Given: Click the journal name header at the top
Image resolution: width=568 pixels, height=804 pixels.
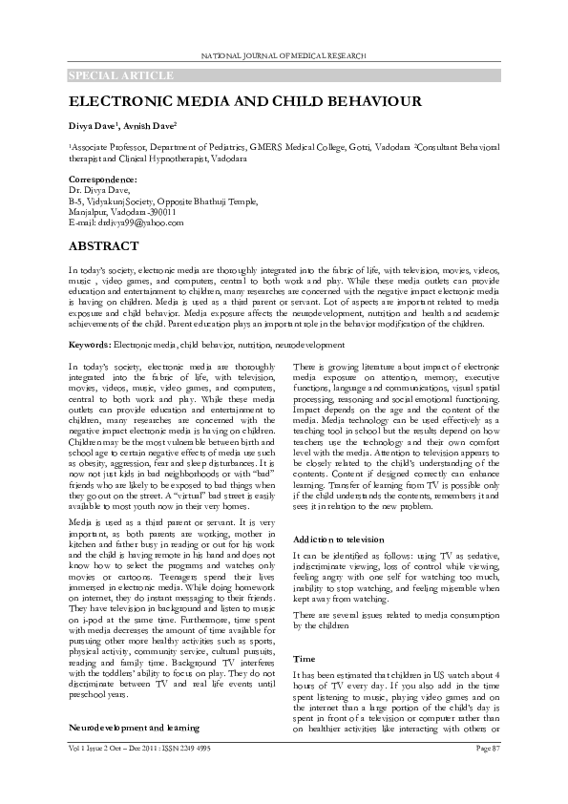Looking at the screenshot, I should pyautogui.click(x=284, y=57).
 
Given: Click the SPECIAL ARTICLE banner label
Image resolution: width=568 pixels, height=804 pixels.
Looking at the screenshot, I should pyautogui.click(x=120, y=74).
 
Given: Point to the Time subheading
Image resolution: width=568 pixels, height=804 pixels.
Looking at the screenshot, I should pyautogui.click(x=304, y=659).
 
